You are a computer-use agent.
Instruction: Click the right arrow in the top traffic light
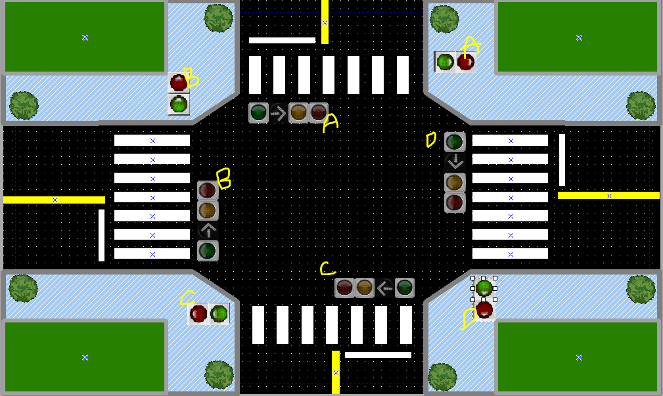[279, 113]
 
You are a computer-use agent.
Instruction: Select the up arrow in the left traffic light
[208, 231]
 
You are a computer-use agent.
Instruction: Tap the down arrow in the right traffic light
[455, 162]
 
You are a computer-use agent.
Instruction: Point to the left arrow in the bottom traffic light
[384, 288]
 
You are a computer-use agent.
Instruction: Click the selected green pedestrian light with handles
[484, 288]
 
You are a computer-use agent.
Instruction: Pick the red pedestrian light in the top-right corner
[466, 62]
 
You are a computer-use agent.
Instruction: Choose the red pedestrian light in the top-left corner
[178, 83]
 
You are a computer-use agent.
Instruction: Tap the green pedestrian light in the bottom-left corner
[219, 314]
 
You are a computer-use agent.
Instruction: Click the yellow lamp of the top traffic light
[299, 113]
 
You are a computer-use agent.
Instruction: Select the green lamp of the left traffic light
[208, 250]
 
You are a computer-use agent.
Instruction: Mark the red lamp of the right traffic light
[455, 202]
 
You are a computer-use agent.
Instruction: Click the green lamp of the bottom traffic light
[405, 288]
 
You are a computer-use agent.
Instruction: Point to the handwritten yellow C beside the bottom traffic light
[327, 268]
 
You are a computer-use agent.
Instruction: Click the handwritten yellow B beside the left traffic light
[223, 178]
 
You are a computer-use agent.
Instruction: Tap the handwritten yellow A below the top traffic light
[330, 123]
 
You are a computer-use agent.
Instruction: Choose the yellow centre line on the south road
[336, 372]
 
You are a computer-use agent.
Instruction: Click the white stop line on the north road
[282, 41]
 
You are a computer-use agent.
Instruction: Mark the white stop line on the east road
[562, 160]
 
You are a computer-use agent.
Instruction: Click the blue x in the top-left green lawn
[85, 37]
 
